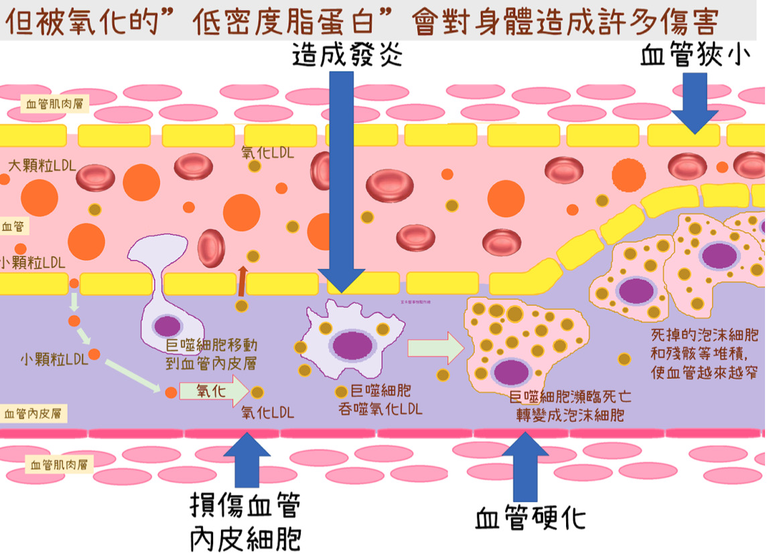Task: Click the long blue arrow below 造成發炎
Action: point(342,181)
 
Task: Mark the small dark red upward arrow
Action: point(242,280)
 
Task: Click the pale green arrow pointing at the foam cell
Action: point(435,347)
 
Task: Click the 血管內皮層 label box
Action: point(35,414)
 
